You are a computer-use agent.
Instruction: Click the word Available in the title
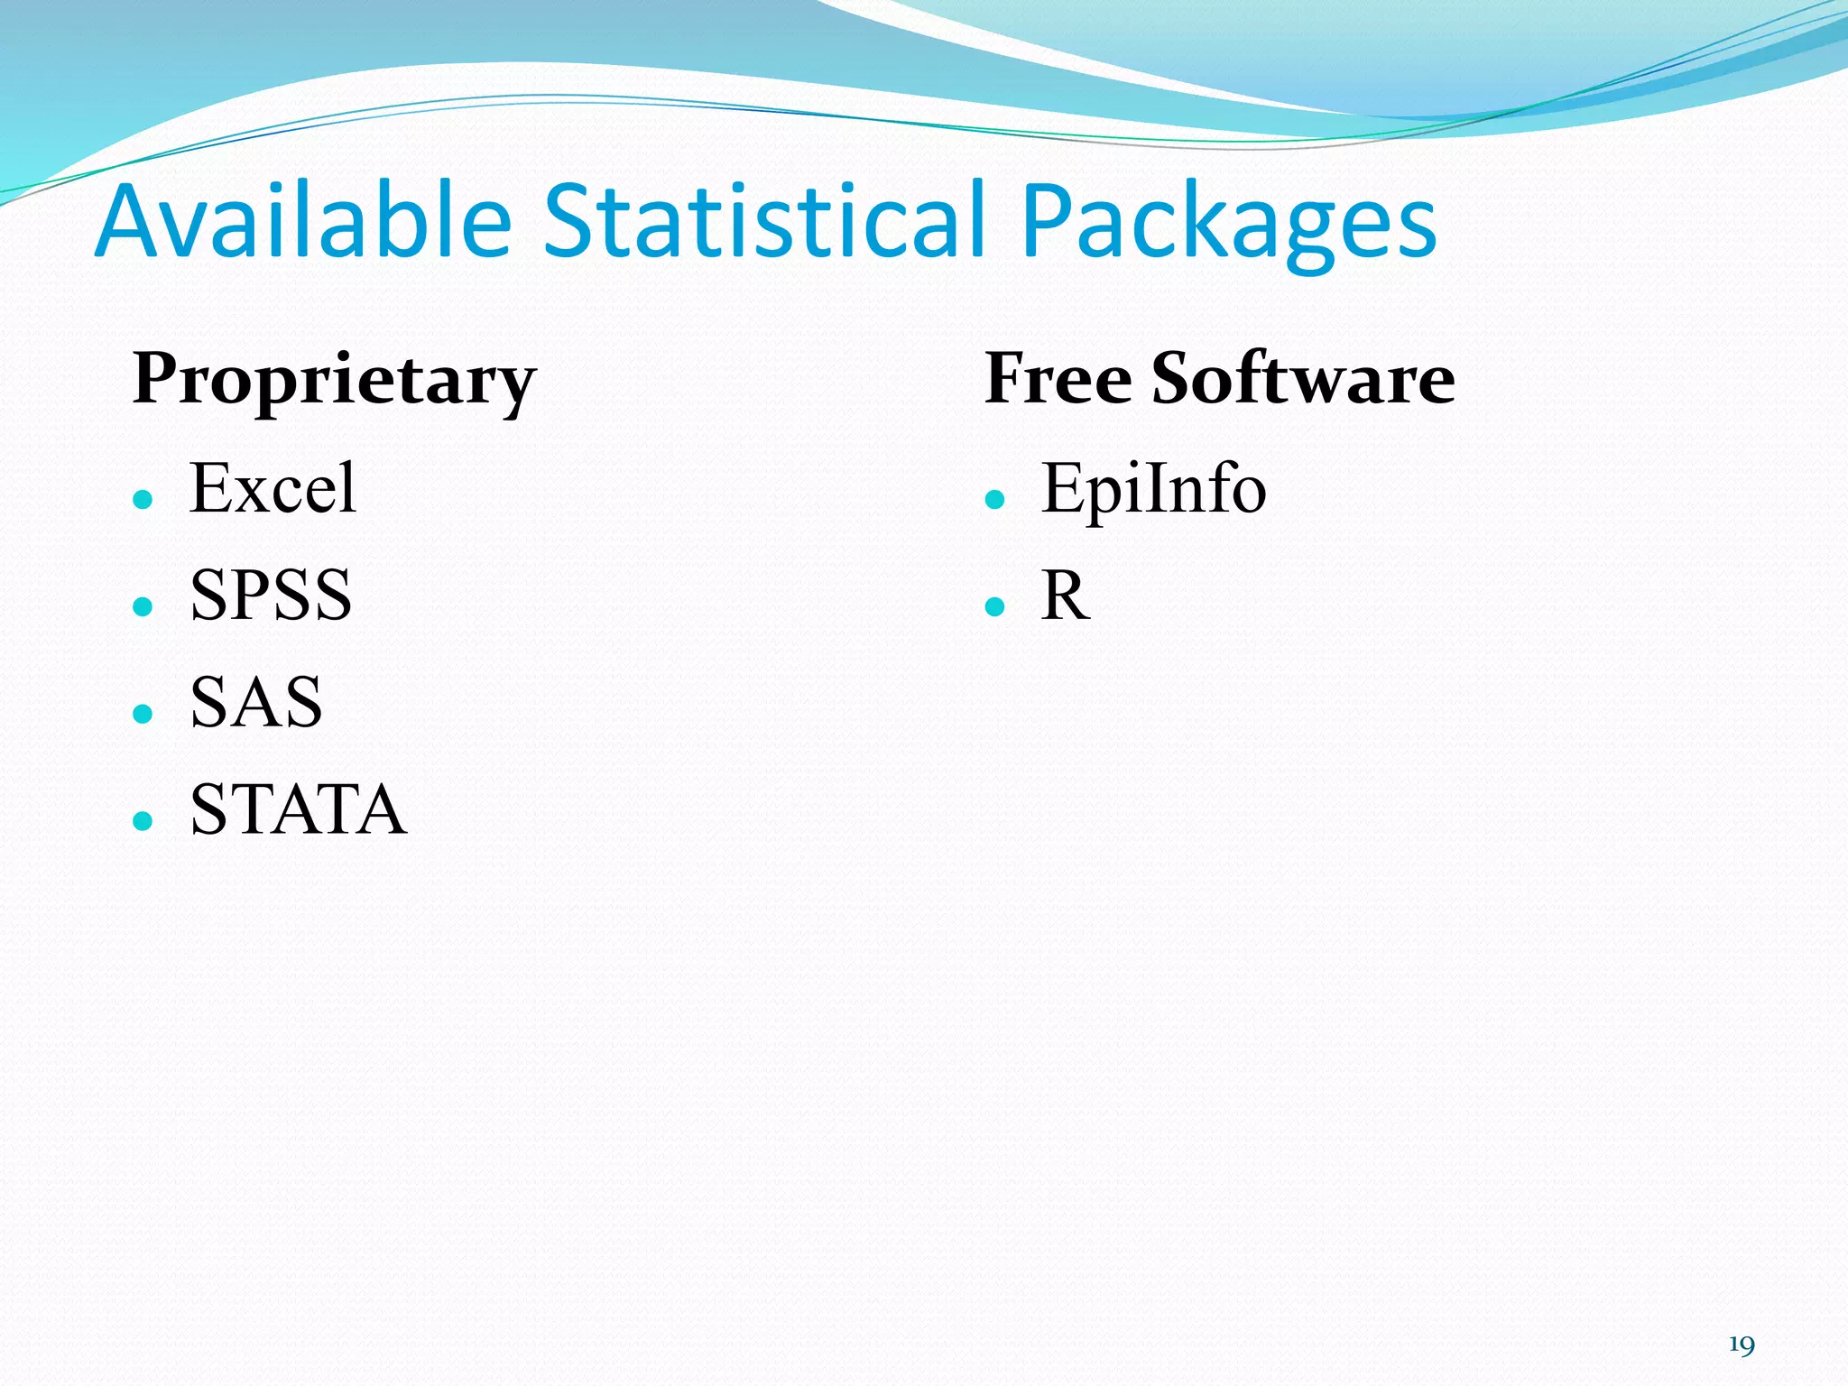(303, 221)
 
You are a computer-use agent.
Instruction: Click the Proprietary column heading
(334, 379)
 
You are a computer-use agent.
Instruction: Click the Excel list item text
(273, 488)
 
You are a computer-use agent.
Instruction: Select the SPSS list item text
(271, 596)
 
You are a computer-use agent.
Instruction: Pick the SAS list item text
(256, 702)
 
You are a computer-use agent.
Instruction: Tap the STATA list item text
(298, 808)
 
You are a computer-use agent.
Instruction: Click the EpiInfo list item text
(1153, 488)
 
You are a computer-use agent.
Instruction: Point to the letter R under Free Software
(1065, 596)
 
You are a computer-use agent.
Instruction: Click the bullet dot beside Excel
(143, 500)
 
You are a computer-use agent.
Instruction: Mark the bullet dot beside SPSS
(143, 606)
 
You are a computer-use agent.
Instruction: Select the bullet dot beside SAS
(143, 714)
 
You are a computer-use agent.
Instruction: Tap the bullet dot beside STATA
(143, 820)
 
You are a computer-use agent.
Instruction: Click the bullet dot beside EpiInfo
(995, 500)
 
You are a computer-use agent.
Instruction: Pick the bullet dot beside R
(995, 606)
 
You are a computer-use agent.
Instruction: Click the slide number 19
(1742, 1345)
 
